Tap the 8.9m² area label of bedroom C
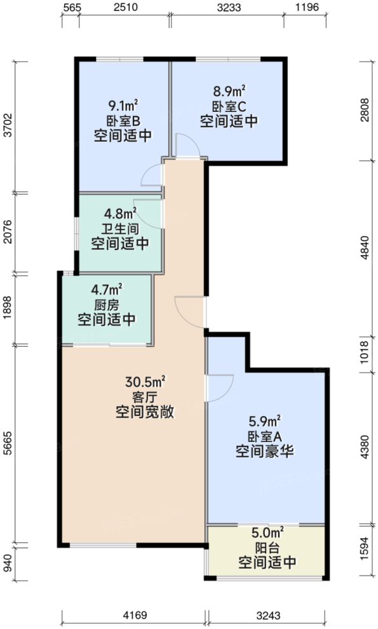[x=229, y=90]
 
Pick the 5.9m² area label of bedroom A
[x=266, y=421]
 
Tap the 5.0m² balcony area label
[x=267, y=533]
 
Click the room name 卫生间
[x=120, y=228]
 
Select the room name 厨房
[x=107, y=304]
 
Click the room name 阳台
[x=267, y=548]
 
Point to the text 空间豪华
[x=266, y=452]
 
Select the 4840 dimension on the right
[x=364, y=247]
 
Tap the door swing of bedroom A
[x=219, y=387]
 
